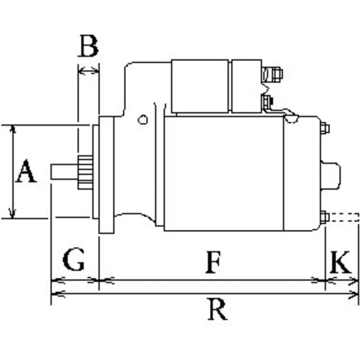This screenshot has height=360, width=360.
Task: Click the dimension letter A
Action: point(26,171)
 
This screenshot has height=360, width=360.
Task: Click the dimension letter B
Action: point(88,46)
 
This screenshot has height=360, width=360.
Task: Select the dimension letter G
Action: point(74,259)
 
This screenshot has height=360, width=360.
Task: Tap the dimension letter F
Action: point(213,262)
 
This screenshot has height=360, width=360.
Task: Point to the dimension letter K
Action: point(340,262)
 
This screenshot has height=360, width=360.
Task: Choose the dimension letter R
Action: point(217,309)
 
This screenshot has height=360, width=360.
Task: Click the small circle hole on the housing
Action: point(142,120)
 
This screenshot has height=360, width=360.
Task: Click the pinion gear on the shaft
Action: point(85,173)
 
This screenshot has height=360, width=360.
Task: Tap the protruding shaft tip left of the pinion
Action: point(64,172)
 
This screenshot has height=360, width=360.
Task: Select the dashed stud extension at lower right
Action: point(344,217)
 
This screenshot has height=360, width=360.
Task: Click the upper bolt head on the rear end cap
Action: point(325,128)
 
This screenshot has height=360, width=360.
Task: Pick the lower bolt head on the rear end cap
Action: point(325,217)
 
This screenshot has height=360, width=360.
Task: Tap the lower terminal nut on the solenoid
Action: point(267,102)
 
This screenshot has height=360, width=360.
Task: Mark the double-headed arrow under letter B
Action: point(88,70)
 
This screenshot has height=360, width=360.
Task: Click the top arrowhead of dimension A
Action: point(13,129)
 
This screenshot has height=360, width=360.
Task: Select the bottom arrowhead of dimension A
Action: point(13,213)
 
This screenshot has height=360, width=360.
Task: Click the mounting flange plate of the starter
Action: point(106,175)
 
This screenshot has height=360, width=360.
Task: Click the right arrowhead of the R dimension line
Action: point(354,293)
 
